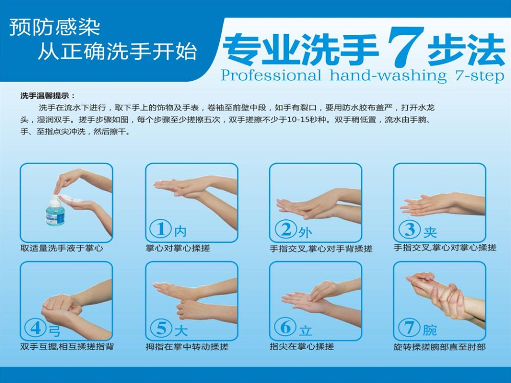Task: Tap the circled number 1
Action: coord(160,229)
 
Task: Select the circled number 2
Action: coord(286,229)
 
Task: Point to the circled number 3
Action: coord(410,229)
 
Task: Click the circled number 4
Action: coord(36,328)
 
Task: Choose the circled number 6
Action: coord(285,327)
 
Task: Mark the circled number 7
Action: coord(409,327)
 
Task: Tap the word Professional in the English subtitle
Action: coord(270,76)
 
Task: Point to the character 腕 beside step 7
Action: coord(430,330)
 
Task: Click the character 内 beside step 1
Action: coord(180,231)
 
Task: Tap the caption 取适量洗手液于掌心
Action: coord(62,249)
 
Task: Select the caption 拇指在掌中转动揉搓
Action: coord(187,347)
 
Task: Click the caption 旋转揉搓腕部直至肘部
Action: coord(439,347)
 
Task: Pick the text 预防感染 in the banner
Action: coord(55,28)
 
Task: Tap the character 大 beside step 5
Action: coord(181,331)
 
